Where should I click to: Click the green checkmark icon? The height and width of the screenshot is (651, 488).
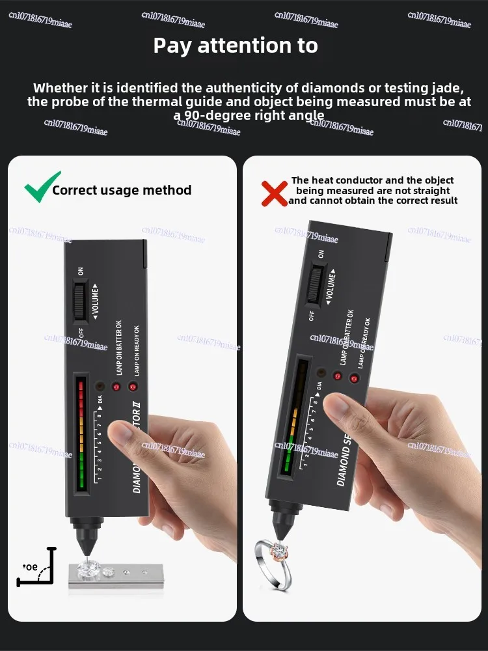point(42,187)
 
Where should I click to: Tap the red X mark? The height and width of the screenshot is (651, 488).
point(274,193)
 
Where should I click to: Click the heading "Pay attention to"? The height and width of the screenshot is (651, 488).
point(236,46)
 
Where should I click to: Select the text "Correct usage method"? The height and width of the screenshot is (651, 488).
point(122,190)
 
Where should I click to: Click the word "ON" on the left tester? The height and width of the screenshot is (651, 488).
point(81,271)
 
